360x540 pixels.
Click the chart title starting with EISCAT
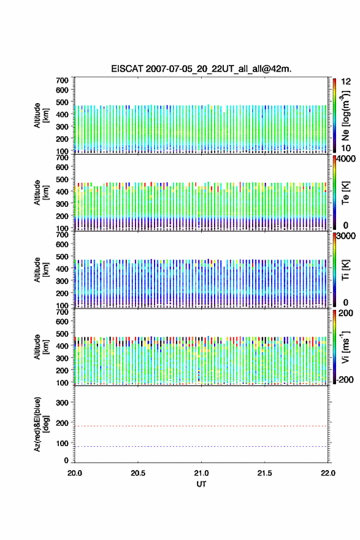(201, 69)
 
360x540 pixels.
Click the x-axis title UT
(201, 484)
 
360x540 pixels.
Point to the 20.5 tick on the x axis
(138, 473)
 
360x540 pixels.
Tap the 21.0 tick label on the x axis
(201, 473)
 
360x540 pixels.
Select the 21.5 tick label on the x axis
(265, 473)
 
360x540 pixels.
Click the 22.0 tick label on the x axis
(327, 473)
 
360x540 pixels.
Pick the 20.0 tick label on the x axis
(75, 473)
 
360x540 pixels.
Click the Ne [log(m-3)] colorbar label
(345, 115)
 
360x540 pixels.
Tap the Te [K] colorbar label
(345, 193)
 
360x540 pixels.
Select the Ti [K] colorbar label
(345, 269)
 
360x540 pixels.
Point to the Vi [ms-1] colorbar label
(345, 347)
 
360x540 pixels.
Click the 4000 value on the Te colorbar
(346, 159)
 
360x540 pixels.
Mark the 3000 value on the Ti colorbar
(346, 236)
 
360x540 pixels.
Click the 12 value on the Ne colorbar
(346, 82)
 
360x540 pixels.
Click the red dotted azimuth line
(201, 426)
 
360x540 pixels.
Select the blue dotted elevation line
(201, 446)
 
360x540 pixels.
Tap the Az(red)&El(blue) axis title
(42, 424)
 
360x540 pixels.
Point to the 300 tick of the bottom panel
(62, 403)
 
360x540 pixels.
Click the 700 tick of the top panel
(62, 80)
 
